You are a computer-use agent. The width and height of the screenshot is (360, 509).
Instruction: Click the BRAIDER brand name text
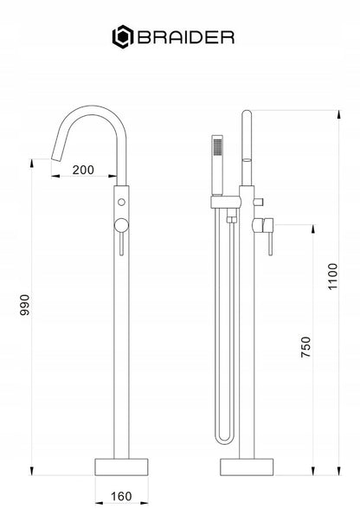coord(186,37)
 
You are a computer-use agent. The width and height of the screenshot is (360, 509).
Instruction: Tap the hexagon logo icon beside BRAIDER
coord(123,36)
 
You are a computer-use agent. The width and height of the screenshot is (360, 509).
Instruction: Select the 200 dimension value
coord(83,170)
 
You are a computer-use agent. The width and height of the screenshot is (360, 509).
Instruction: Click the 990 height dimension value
coord(25,305)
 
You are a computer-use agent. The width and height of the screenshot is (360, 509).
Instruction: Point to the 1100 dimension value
coord(332,277)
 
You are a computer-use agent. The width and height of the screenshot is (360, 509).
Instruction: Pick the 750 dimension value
coord(305,347)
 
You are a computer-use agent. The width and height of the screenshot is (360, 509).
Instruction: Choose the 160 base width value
coord(121,496)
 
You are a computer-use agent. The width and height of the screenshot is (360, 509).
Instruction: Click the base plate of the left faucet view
coord(121,467)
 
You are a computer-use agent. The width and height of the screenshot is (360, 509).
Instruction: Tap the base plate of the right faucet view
coord(247,467)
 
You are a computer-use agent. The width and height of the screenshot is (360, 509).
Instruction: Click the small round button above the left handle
coord(121,202)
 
